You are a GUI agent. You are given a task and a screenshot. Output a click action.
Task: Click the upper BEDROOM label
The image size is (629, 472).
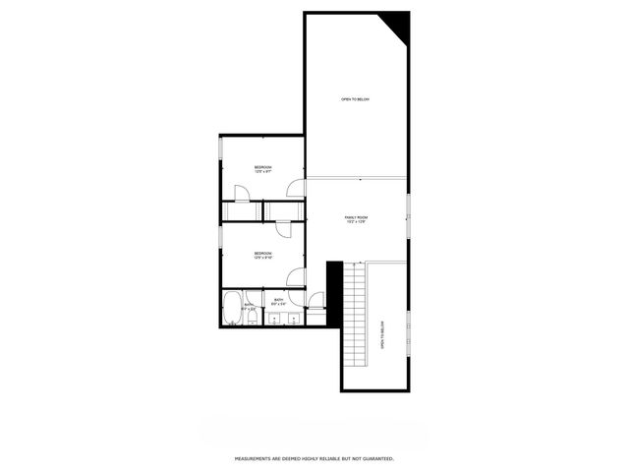(x=262, y=168)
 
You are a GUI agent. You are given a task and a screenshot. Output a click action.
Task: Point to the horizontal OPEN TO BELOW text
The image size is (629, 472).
(x=355, y=99)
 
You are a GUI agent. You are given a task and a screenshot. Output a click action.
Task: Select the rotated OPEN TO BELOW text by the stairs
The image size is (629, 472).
(x=382, y=333)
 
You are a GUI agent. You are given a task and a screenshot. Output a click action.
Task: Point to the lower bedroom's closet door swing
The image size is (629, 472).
(x=282, y=229)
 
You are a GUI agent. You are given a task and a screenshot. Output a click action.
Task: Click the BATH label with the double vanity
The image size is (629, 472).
(x=278, y=300)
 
